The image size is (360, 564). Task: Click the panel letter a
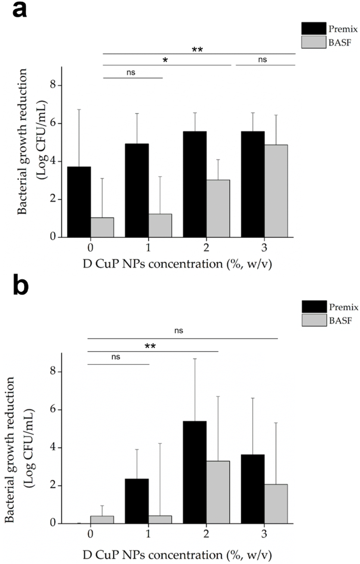(19, 10)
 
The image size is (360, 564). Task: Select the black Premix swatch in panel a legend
(314, 28)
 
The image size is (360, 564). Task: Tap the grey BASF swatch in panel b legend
(314, 320)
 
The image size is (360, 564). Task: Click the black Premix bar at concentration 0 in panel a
(79, 202)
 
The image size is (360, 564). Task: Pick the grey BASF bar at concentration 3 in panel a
(276, 191)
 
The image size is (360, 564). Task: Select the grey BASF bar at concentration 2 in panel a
(218, 208)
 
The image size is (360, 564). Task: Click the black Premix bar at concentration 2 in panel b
(195, 472)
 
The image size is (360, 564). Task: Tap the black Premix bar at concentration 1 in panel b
(137, 501)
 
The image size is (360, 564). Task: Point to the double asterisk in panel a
(197, 50)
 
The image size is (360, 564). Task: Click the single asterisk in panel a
(165, 61)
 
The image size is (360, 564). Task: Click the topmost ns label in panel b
(179, 331)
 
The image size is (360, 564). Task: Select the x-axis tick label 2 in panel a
(206, 247)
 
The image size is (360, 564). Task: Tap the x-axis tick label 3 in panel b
(264, 533)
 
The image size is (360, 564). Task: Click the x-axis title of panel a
(177, 264)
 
